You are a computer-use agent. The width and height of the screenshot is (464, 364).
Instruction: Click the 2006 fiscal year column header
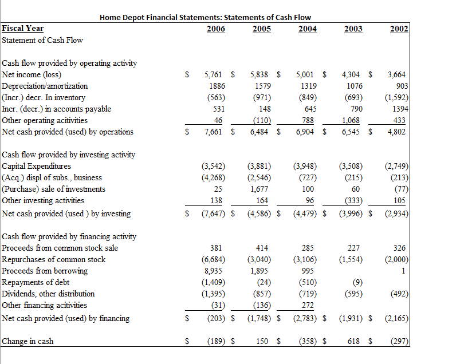click(x=215, y=29)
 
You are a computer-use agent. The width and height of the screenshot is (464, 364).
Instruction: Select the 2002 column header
click(x=398, y=29)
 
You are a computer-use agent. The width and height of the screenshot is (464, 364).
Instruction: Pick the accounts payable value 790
click(x=356, y=109)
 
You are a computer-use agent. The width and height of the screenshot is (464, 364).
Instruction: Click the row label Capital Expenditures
click(x=33, y=166)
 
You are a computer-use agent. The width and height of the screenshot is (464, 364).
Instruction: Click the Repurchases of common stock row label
click(x=54, y=259)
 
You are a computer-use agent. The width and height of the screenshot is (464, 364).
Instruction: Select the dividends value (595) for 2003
click(x=352, y=294)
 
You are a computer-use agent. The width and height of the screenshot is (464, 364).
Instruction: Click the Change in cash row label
click(x=28, y=341)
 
